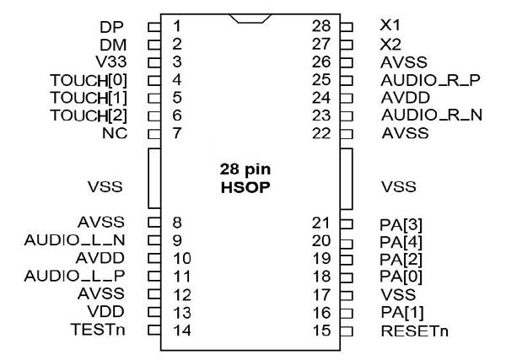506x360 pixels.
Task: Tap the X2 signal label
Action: tap(390, 44)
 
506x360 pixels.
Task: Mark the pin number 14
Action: tap(180, 330)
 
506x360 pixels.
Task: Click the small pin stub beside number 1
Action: tap(153, 26)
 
